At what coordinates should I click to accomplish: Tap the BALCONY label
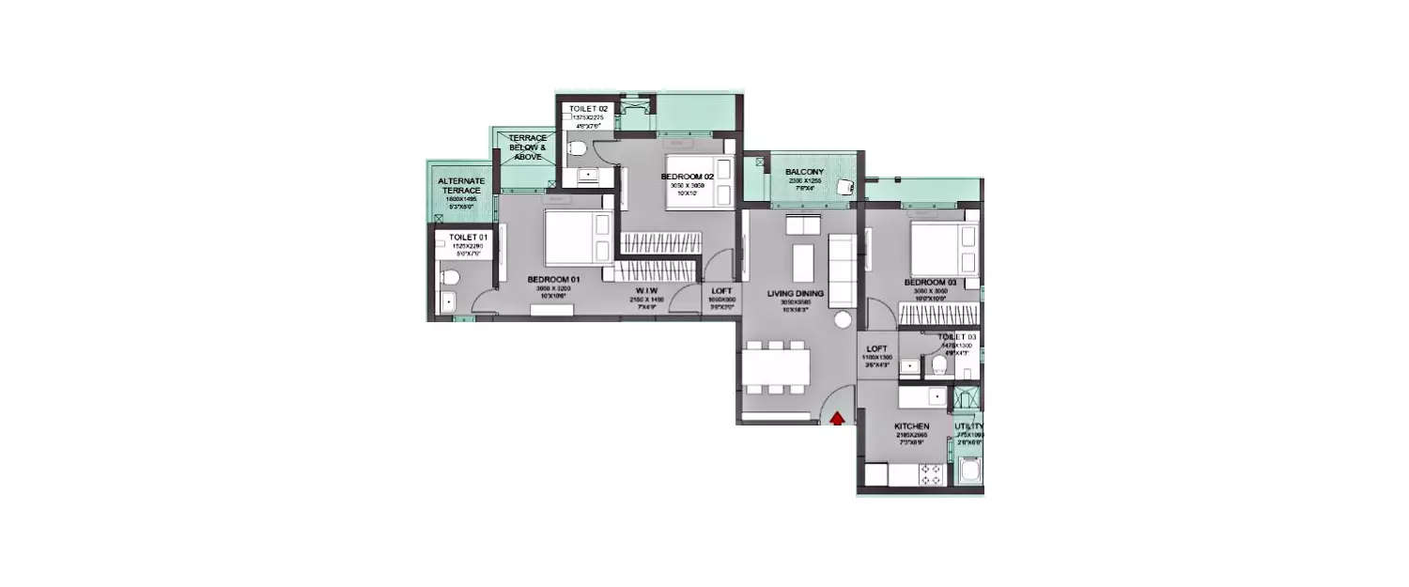[805, 172]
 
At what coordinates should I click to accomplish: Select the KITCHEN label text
[911, 426]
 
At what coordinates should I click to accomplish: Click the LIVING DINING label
[795, 294]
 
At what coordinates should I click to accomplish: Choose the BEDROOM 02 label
[688, 177]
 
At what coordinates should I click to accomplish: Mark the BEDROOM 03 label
[930, 283]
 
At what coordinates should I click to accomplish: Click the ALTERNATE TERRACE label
[462, 186]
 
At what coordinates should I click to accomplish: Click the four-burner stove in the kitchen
[932, 475]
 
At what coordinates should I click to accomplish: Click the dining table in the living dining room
[775, 366]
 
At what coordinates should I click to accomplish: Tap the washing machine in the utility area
[968, 469]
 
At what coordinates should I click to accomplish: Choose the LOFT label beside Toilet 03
[876, 348]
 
